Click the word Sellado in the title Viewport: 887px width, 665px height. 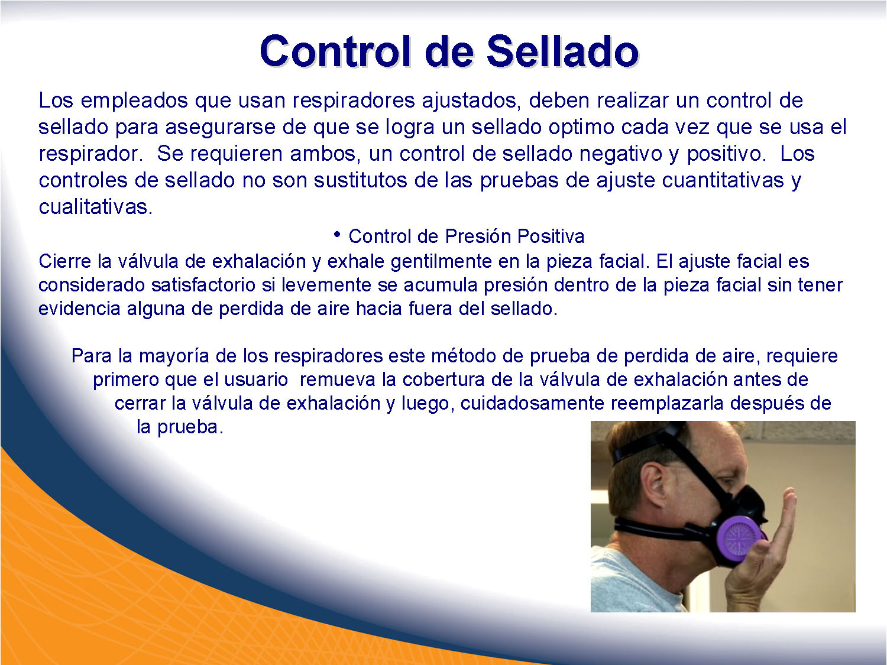click(562, 51)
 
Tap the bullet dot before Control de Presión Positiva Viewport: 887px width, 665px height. click(337, 235)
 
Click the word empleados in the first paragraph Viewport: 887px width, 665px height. click(134, 101)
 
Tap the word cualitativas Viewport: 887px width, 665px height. click(95, 207)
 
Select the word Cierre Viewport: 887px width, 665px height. click(64, 261)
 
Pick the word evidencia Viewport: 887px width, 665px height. click(79, 309)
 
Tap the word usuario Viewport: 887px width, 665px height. click(255, 379)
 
